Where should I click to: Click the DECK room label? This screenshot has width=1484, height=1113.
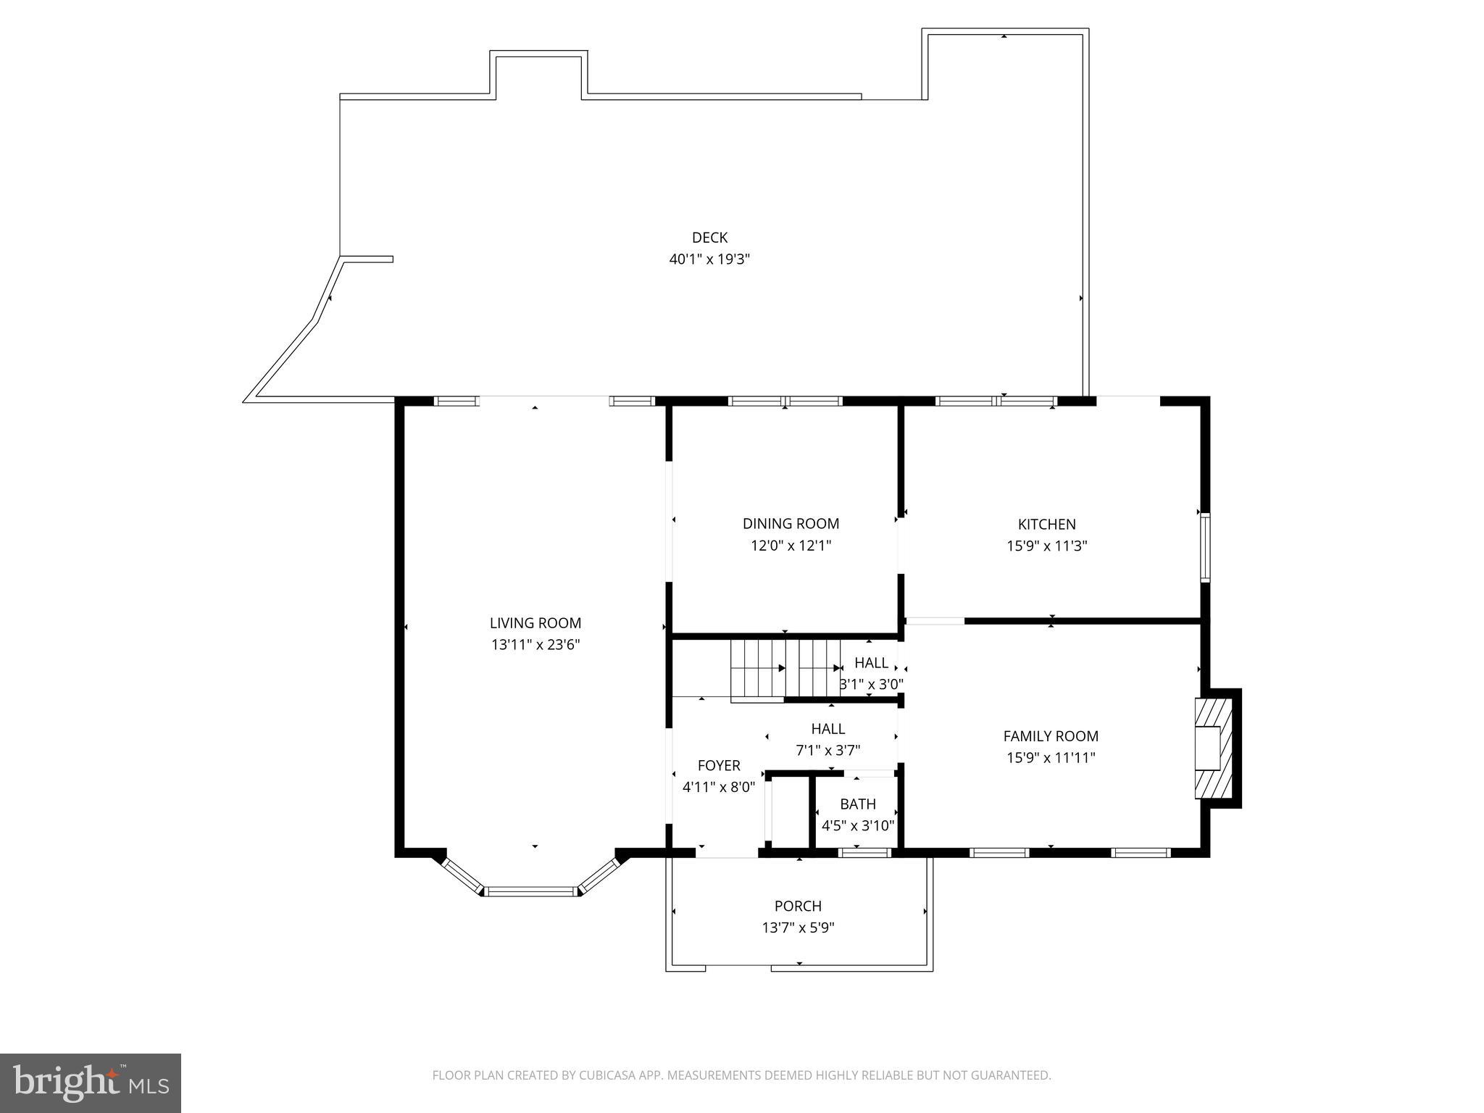tap(709, 238)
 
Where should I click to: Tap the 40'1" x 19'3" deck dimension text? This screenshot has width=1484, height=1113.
tap(709, 259)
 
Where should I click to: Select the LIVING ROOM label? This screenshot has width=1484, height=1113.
tap(535, 623)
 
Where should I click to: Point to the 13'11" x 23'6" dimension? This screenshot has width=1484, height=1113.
tap(535, 645)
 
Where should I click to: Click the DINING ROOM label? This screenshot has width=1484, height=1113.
tap(791, 524)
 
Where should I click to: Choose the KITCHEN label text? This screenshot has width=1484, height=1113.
tap(1046, 525)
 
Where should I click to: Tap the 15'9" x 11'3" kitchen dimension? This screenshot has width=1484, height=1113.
tap(1046, 546)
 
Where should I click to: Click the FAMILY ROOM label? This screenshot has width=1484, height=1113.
tap(1051, 736)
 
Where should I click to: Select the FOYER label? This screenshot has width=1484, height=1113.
tap(719, 766)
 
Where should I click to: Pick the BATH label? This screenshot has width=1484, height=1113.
tap(858, 804)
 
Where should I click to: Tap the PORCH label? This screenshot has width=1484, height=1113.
tap(798, 906)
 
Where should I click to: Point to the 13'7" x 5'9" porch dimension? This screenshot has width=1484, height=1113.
tap(798, 927)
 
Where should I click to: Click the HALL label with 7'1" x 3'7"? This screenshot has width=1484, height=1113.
tap(828, 729)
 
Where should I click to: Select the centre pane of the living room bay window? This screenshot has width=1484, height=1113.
tap(531, 891)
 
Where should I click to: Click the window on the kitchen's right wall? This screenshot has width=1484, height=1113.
tap(1205, 548)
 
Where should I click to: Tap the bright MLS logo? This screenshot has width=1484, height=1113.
tap(91, 1083)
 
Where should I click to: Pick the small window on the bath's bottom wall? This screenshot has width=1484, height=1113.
tap(864, 853)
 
